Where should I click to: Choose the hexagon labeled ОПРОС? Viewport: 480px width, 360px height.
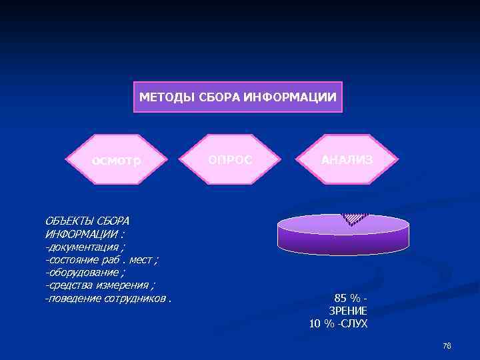click(x=231, y=161)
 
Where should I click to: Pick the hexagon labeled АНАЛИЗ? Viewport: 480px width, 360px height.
click(x=347, y=161)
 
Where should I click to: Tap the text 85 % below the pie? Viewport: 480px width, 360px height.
click(x=347, y=299)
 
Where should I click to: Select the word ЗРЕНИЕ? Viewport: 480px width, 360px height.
click(x=348, y=311)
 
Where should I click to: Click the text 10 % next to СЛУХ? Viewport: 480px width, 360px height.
click(x=323, y=324)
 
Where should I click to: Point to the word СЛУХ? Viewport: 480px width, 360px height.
click(x=354, y=324)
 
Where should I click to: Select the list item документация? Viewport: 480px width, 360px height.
click(x=83, y=247)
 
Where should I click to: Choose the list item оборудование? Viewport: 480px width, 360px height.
click(x=83, y=273)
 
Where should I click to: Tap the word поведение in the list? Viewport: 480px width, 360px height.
click(x=73, y=298)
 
